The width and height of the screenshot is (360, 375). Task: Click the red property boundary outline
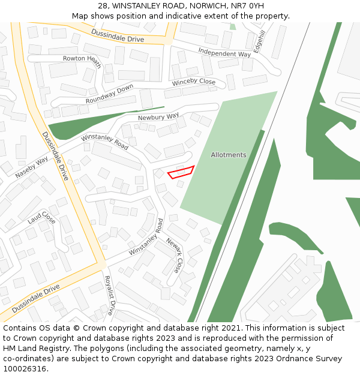[x=181, y=172]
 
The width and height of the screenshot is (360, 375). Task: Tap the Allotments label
[x=229, y=155]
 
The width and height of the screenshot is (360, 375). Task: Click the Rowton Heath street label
[x=82, y=58]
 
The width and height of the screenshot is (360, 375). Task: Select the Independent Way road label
[x=224, y=53]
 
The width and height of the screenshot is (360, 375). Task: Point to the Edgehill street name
[x=260, y=42]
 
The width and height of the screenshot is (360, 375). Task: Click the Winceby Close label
[x=193, y=82]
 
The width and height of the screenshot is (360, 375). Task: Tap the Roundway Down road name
[x=109, y=94]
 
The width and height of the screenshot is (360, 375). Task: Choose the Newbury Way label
[x=158, y=116]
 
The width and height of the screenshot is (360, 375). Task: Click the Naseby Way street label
[x=32, y=169]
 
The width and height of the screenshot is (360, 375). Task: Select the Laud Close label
[x=41, y=217]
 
